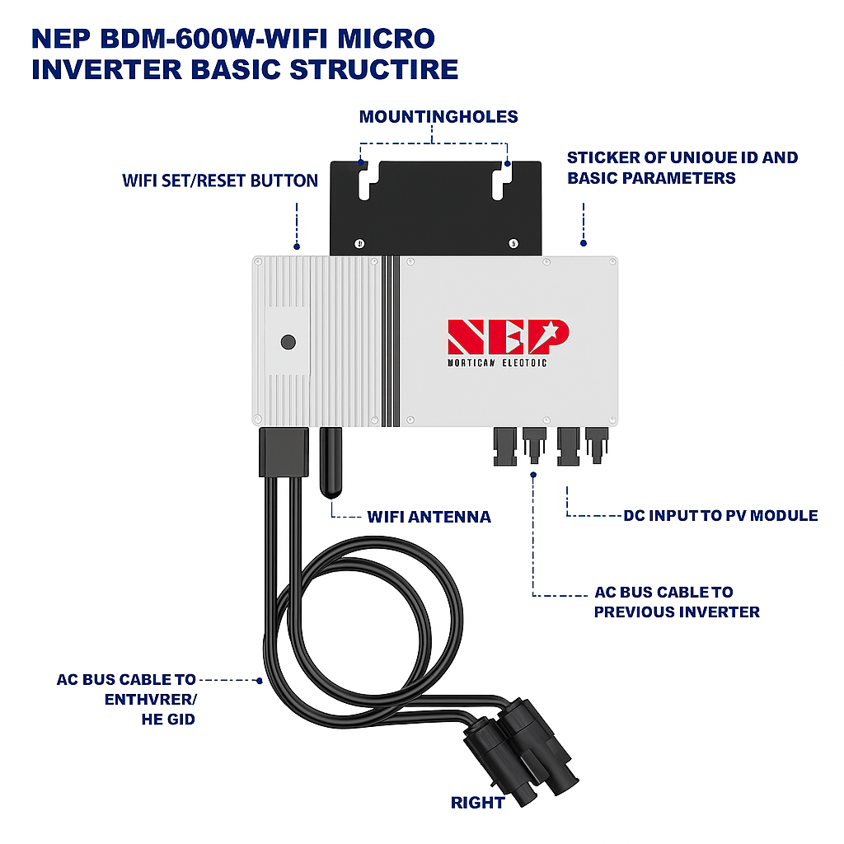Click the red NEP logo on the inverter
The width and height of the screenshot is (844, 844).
coord(508,336)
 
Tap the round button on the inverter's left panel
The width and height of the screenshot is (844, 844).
coord(288,342)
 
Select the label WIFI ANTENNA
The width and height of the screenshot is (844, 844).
coord(429,518)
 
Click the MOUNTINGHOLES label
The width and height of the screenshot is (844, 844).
coord(438,117)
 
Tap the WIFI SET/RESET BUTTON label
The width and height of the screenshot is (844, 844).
coord(219,181)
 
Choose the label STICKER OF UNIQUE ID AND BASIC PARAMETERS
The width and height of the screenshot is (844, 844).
coord(682,167)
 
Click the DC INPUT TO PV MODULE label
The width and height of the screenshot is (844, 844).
coord(720,516)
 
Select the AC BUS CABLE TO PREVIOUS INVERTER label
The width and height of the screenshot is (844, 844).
coord(676,603)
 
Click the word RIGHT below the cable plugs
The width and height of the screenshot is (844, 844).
coord(477,802)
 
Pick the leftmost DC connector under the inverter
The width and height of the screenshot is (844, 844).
coord(502,446)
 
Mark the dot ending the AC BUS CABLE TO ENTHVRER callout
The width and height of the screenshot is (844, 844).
coord(260,681)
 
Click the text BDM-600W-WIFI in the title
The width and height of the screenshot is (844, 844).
coord(203,39)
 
